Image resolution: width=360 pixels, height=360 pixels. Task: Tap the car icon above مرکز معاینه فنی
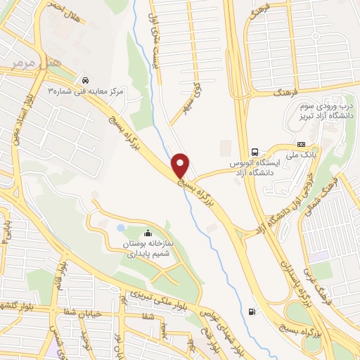pyautogui.click(x=85, y=80)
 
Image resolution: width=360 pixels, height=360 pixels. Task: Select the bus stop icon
pyautogui.click(x=255, y=151)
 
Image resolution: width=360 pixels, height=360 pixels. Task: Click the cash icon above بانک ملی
pyautogui.click(x=302, y=143)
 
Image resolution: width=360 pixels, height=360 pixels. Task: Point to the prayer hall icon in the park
pyautogui.click(x=147, y=234)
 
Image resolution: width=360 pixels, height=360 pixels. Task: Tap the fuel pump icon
pyautogui.click(x=252, y=311)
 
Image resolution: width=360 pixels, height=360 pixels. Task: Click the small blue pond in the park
pyautogui.click(x=121, y=229)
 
